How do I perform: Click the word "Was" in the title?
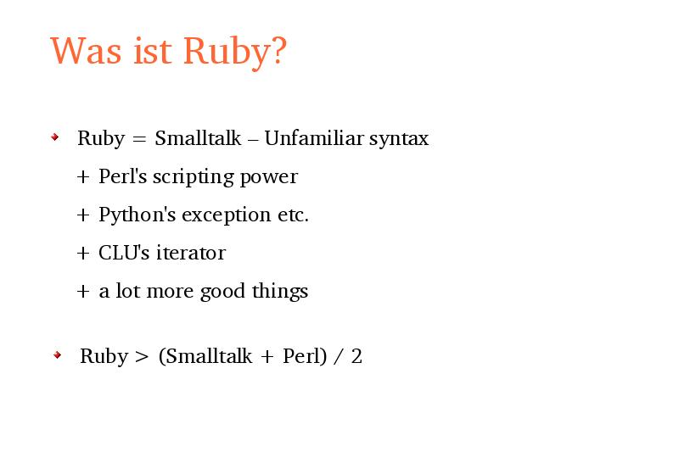[x=87, y=51]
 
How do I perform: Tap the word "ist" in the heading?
[x=152, y=51]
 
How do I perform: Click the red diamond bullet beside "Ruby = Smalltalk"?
[x=55, y=137]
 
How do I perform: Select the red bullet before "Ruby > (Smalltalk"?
[x=57, y=355]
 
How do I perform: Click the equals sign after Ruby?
[x=139, y=139]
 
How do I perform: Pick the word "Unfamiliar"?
[x=314, y=138]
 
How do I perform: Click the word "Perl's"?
[x=122, y=176]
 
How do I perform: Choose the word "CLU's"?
[x=124, y=253]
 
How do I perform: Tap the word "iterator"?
[x=191, y=253]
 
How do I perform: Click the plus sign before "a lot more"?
[x=83, y=292]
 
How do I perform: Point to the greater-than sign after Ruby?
[x=142, y=357]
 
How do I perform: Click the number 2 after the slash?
[x=356, y=356]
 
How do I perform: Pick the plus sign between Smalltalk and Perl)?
[x=267, y=357]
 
